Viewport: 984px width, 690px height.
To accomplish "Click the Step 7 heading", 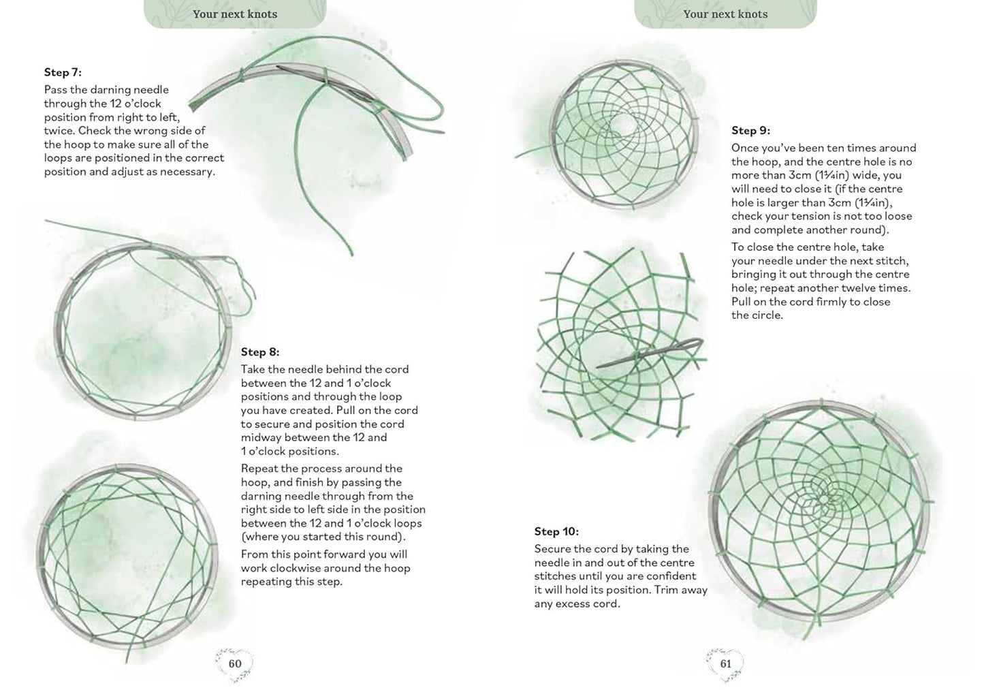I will pos(63,72).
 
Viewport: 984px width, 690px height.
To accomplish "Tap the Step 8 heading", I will pos(259,352).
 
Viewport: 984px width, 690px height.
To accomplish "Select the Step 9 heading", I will pos(750,130).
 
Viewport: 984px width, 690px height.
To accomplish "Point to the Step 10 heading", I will pos(556,531).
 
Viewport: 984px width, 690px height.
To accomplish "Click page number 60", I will pos(235,663).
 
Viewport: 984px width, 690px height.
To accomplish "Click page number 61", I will pos(725,663).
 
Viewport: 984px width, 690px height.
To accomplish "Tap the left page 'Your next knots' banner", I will pos(235,14).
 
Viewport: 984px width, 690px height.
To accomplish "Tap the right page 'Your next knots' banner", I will pos(725,14).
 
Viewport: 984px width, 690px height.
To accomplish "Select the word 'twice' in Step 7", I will pos(59,131).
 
